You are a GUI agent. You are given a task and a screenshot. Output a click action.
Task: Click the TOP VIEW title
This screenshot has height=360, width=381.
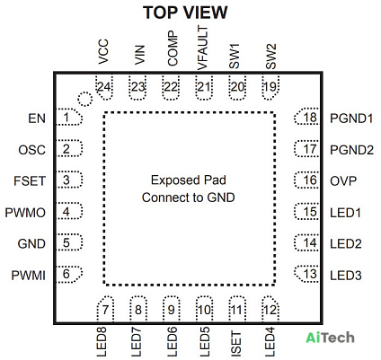pos(185,13)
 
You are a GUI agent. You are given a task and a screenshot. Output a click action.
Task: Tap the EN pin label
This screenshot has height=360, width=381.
pos(37,119)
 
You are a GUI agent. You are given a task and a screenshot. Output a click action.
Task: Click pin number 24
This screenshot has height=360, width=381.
pos(104,87)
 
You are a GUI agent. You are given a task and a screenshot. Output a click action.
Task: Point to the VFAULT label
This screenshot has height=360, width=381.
pos(203,48)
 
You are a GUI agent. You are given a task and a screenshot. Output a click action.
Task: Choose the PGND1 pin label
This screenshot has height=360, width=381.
pos(351,119)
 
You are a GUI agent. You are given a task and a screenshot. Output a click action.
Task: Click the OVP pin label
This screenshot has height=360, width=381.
pos(343,181)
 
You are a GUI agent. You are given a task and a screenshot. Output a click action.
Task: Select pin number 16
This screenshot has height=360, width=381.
pos(310,180)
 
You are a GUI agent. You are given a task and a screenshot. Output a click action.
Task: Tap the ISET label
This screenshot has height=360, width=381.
pos(236,344)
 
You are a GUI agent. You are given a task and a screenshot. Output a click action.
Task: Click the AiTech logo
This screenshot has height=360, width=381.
pos(330,338)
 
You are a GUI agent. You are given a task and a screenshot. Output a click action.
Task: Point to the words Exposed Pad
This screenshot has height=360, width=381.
pos(189,180)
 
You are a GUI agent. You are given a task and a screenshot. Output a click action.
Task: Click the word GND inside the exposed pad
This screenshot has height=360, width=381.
pos(221,198)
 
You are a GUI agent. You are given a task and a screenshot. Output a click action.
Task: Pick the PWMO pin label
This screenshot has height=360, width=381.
pos(25,213)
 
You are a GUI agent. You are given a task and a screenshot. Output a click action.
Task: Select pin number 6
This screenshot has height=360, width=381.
pos(66,274)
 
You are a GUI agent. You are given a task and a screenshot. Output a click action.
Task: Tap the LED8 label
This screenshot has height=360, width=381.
pos(102,342)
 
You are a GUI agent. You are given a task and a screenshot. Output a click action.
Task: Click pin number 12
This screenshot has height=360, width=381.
pos(270,310)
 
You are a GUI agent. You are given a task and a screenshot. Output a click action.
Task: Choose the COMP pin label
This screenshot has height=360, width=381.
pos(173,48)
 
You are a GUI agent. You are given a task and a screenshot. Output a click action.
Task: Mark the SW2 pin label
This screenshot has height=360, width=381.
pos(270,57)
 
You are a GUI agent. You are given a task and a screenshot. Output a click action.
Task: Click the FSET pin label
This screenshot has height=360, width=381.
pos(30,181)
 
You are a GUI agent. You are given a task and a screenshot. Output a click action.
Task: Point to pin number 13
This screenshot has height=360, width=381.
pos(310,274)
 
